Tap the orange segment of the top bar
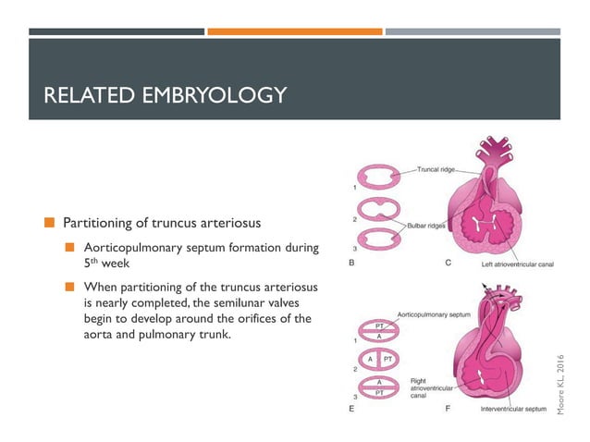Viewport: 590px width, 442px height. click(294, 31)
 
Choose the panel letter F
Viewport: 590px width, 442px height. click(448, 408)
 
